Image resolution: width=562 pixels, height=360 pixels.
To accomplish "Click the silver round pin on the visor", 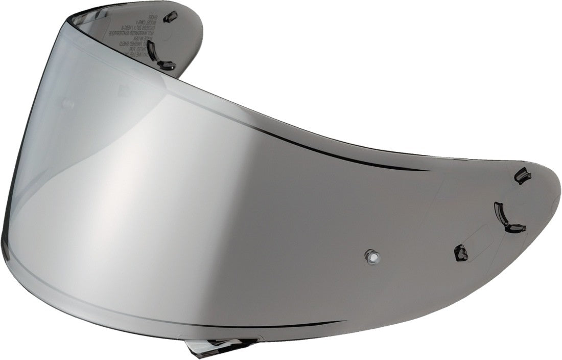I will pyautogui.click(x=371, y=256).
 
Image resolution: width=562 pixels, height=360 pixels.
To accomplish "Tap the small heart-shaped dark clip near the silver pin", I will pyautogui.click(x=461, y=252).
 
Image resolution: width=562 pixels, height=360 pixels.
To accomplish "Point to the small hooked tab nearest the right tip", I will pyautogui.click(x=522, y=176).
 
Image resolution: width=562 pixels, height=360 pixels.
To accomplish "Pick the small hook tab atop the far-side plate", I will pyautogui.click(x=170, y=17).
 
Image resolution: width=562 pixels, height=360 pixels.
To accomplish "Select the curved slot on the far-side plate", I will pyautogui.click(x=151, y=50).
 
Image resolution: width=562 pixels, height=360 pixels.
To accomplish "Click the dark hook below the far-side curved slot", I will pyautogui.click(x=167, y=65).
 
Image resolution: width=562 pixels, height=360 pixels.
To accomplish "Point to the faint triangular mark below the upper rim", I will pyautogui.click(x=123, y=91).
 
